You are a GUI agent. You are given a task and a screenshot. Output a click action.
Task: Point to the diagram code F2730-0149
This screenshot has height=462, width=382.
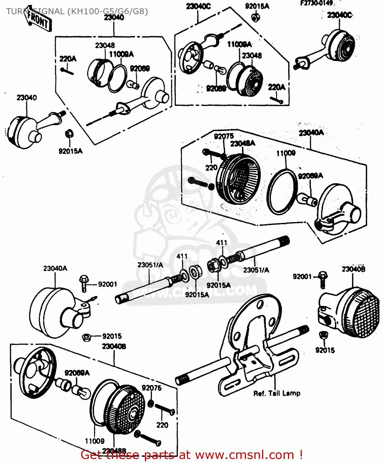pyautogui.click(x=316, y=3)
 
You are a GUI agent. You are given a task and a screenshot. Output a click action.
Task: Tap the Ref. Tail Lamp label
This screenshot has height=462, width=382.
pyautogui.click(x=277, y=393)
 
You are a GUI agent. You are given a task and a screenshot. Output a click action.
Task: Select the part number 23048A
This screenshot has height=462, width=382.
pyautogui.click(x=243, y=144)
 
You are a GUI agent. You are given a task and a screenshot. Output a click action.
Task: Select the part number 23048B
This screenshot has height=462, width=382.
pyautogui.click(x=114, y=451)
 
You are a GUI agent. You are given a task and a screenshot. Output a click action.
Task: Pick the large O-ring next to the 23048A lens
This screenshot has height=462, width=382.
pyautogui.click(x=282, y=192)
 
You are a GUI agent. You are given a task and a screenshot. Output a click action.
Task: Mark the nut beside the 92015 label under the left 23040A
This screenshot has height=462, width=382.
pyautogui.click(x=86, y=337)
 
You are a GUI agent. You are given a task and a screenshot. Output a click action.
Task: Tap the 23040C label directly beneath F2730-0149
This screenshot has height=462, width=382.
pyautogui.click(x=339, y=15)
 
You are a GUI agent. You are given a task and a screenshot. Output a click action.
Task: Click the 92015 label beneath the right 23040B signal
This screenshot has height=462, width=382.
pyautogui.click(x=325, y=350)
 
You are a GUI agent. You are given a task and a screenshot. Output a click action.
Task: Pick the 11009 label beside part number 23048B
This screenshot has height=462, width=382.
pyautogui.click(x=95, y=441)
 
